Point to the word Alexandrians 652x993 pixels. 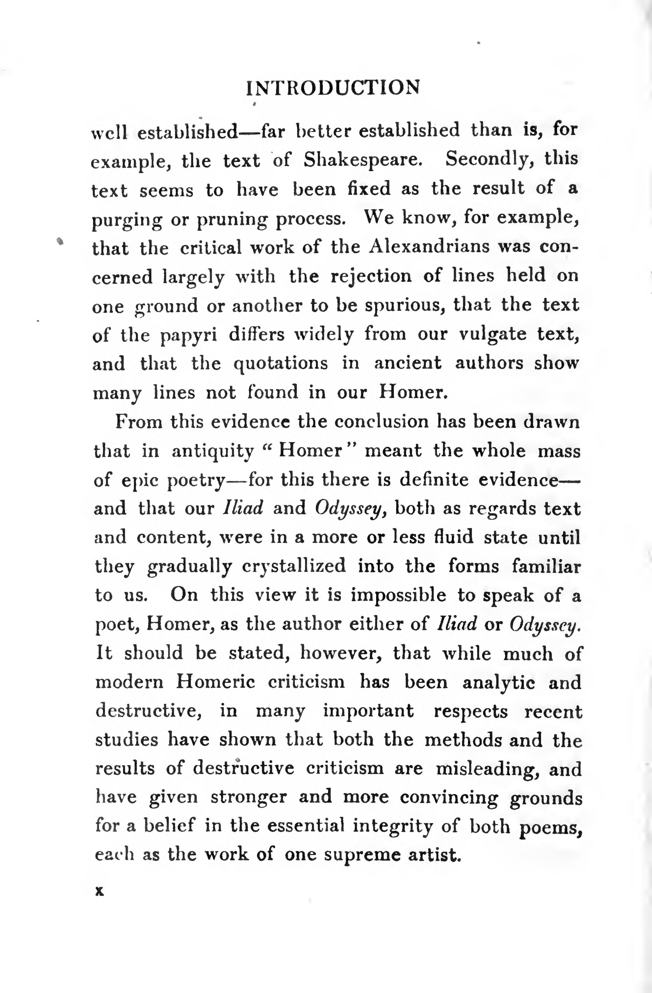429,247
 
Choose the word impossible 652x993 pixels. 398,595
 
